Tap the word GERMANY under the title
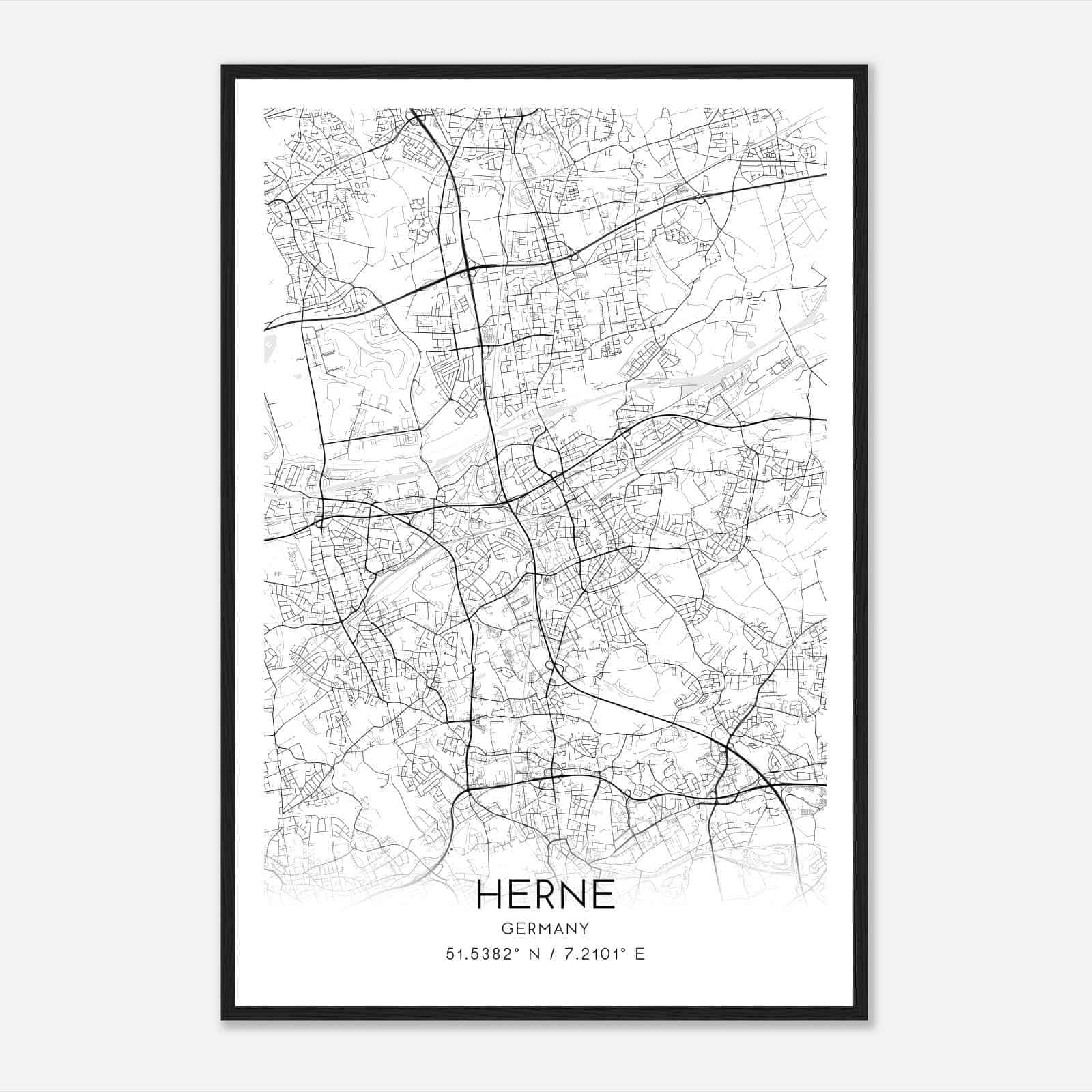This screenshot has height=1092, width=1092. (545, 929)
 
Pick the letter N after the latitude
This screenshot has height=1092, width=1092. (534, 954)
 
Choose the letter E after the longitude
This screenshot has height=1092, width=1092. (640, 954)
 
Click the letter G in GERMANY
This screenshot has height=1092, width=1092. (506, 929)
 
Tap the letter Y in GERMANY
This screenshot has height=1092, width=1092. (585, 929)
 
